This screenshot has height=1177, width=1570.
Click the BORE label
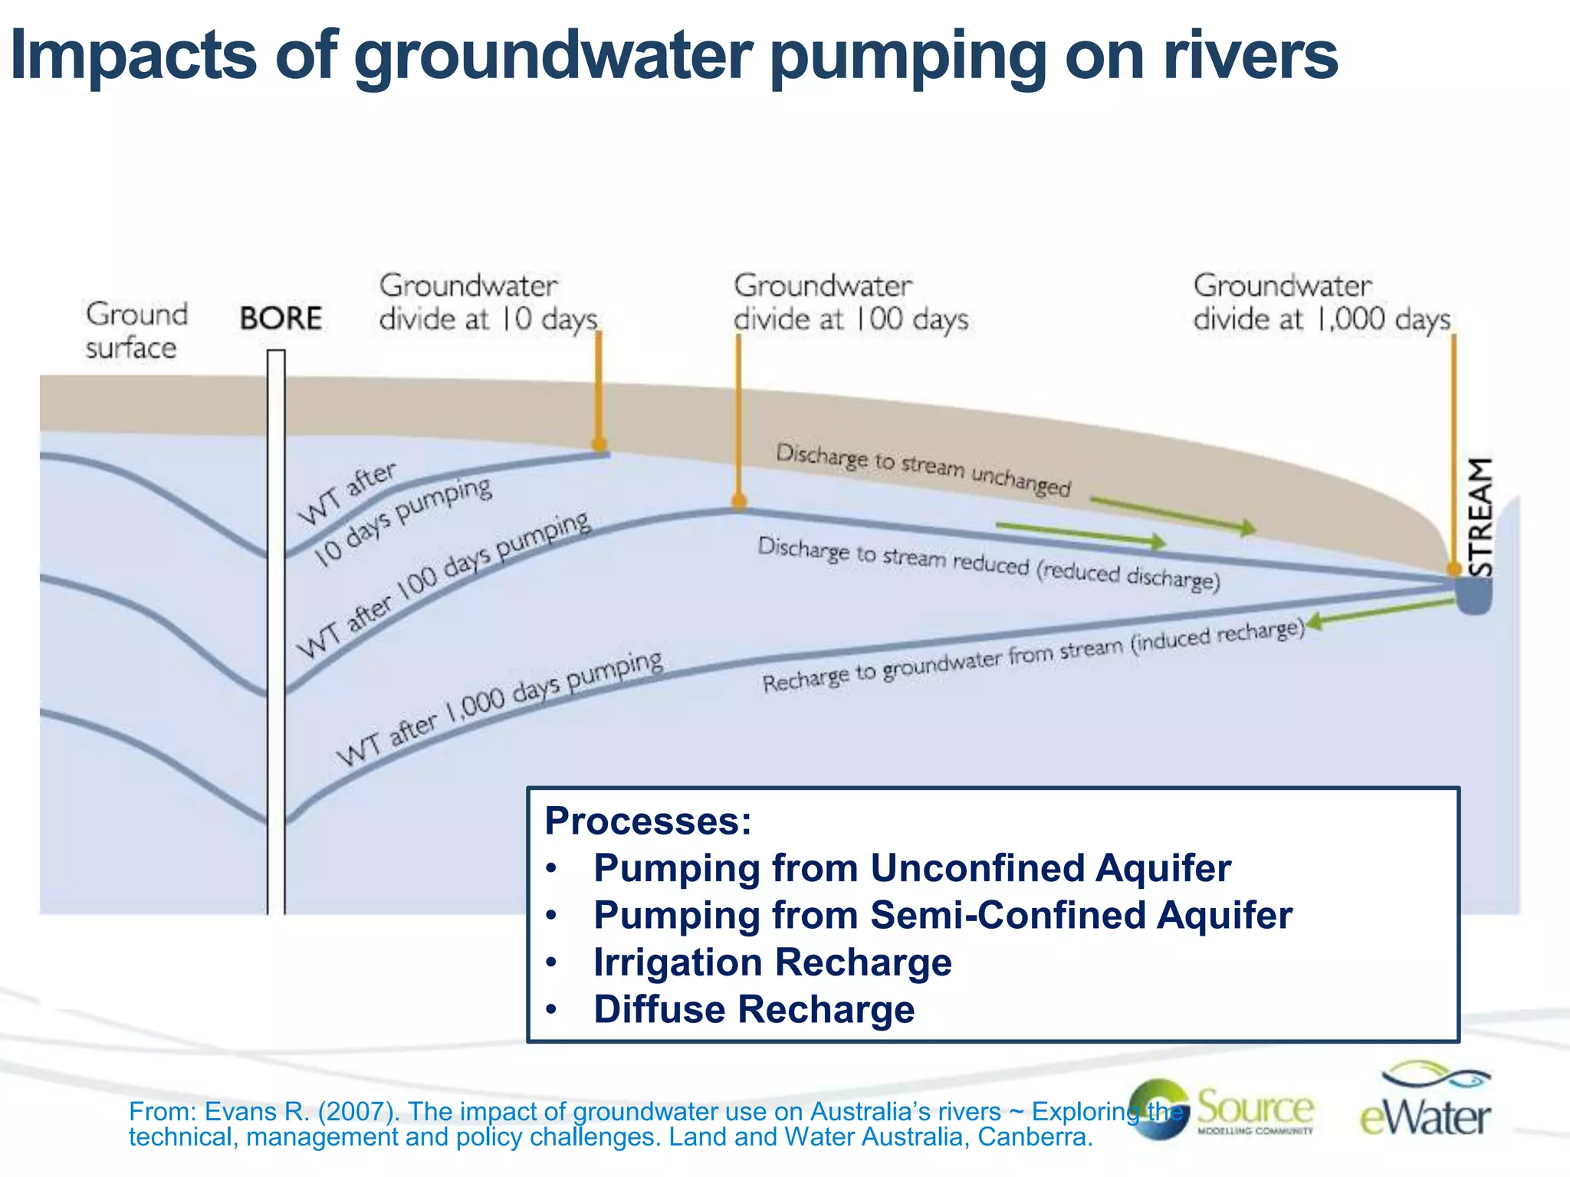[x=281, y=318]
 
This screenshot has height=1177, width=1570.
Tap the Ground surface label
[x=136, y=331]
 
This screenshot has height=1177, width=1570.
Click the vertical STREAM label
[x=1480, y=517]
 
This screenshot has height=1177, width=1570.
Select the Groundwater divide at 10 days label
[x=488, y=302]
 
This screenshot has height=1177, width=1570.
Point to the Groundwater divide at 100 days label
[x=850, y=302]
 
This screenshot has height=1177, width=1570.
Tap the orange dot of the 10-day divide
[x=599, y=444]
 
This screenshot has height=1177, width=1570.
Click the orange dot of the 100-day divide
[x=739, y=502]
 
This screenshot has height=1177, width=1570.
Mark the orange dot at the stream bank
[x=1453, y=569]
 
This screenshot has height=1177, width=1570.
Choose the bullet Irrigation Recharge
[x=772, y=962]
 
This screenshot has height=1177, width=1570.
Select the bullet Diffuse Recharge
[x=754, y=1009]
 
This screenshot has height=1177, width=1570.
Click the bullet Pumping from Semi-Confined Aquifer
[x=942, y=915]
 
